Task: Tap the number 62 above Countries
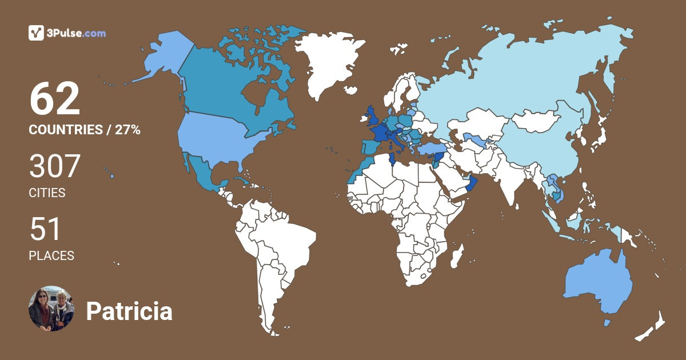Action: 55,99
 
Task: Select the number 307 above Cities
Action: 55,167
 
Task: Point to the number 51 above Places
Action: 45,230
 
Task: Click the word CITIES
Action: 47,193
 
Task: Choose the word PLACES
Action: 51,256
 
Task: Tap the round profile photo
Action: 51,309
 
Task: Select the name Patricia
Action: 129,312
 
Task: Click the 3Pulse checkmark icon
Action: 37,33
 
